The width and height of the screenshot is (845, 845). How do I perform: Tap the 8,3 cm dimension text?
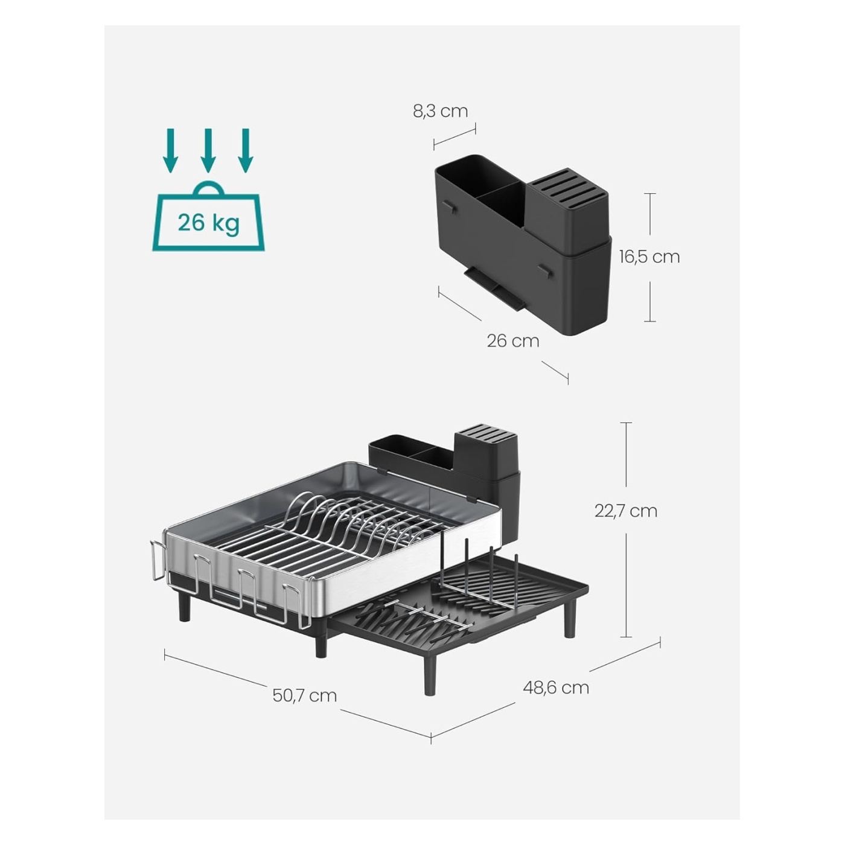[x=440, y=111]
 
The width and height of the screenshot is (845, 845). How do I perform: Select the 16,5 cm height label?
[x=649, y=257]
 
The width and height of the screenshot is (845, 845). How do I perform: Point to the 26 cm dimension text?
[x=513, y=341]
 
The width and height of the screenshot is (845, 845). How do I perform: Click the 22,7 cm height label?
[x=626, y=511]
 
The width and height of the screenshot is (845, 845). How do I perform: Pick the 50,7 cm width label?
[x=304, y=695]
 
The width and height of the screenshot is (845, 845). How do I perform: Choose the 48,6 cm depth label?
[x=555, y=687]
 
